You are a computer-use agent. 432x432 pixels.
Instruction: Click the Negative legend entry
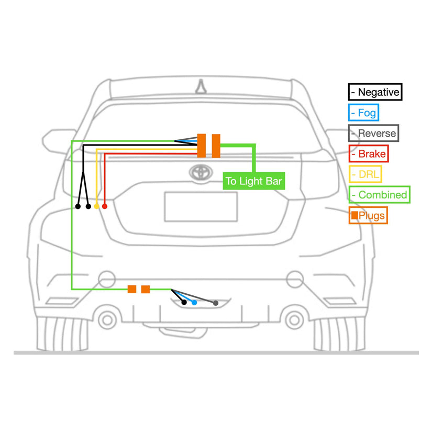(375, 92)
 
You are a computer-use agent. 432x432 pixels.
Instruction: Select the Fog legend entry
(362, 113)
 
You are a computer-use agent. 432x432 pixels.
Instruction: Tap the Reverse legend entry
(373, 133)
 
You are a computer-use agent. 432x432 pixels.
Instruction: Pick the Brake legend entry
(368, 153)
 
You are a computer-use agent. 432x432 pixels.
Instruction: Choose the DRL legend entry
(365, 174)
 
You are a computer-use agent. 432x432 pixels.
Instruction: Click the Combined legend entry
(379, 195)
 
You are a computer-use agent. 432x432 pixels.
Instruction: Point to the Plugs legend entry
(368, 215)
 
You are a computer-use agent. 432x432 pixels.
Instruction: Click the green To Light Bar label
(253, 181)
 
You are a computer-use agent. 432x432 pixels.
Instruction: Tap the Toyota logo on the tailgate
(200, 172)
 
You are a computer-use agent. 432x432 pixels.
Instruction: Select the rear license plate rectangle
(201, 206)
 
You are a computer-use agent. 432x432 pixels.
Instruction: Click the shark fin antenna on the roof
(201, 86)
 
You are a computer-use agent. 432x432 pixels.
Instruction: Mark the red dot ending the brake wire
(105, 206)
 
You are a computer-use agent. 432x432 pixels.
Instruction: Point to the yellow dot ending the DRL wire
(96, 206)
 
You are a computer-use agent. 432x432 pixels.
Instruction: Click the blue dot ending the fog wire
(194, 303)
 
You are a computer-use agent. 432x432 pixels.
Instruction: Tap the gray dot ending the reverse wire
(215, 303)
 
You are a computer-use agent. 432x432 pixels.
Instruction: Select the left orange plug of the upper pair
(202, 145)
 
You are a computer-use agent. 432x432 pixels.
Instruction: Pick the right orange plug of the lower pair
(146, 289)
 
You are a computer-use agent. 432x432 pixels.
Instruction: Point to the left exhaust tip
(108, 318)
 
